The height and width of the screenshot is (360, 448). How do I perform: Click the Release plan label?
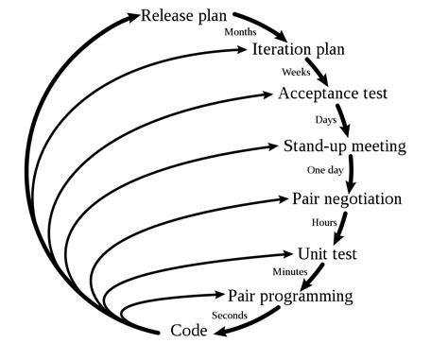(185, 16)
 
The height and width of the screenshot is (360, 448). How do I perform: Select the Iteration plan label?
(299, 50)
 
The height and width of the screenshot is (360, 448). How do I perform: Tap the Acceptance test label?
(333, 94)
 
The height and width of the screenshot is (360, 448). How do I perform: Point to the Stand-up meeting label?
(345, 146)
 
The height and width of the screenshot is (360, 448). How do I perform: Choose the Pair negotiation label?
(347, 199)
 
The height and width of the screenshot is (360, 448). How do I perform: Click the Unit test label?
(327, 254)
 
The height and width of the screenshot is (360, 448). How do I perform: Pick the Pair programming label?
(290, 296)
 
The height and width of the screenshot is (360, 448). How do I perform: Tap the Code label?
(189, 331)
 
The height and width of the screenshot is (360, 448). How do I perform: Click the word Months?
(240, 32)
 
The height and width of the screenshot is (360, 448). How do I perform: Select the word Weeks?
(296, 72)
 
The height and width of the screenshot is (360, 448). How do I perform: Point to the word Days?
(326, 120)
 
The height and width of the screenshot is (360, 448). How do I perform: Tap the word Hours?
(324, 223)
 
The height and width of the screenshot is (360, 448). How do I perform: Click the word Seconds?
(230, 315)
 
